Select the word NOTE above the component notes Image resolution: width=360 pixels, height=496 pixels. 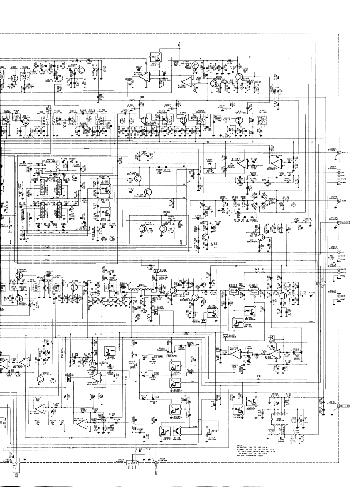click(240, 445)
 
